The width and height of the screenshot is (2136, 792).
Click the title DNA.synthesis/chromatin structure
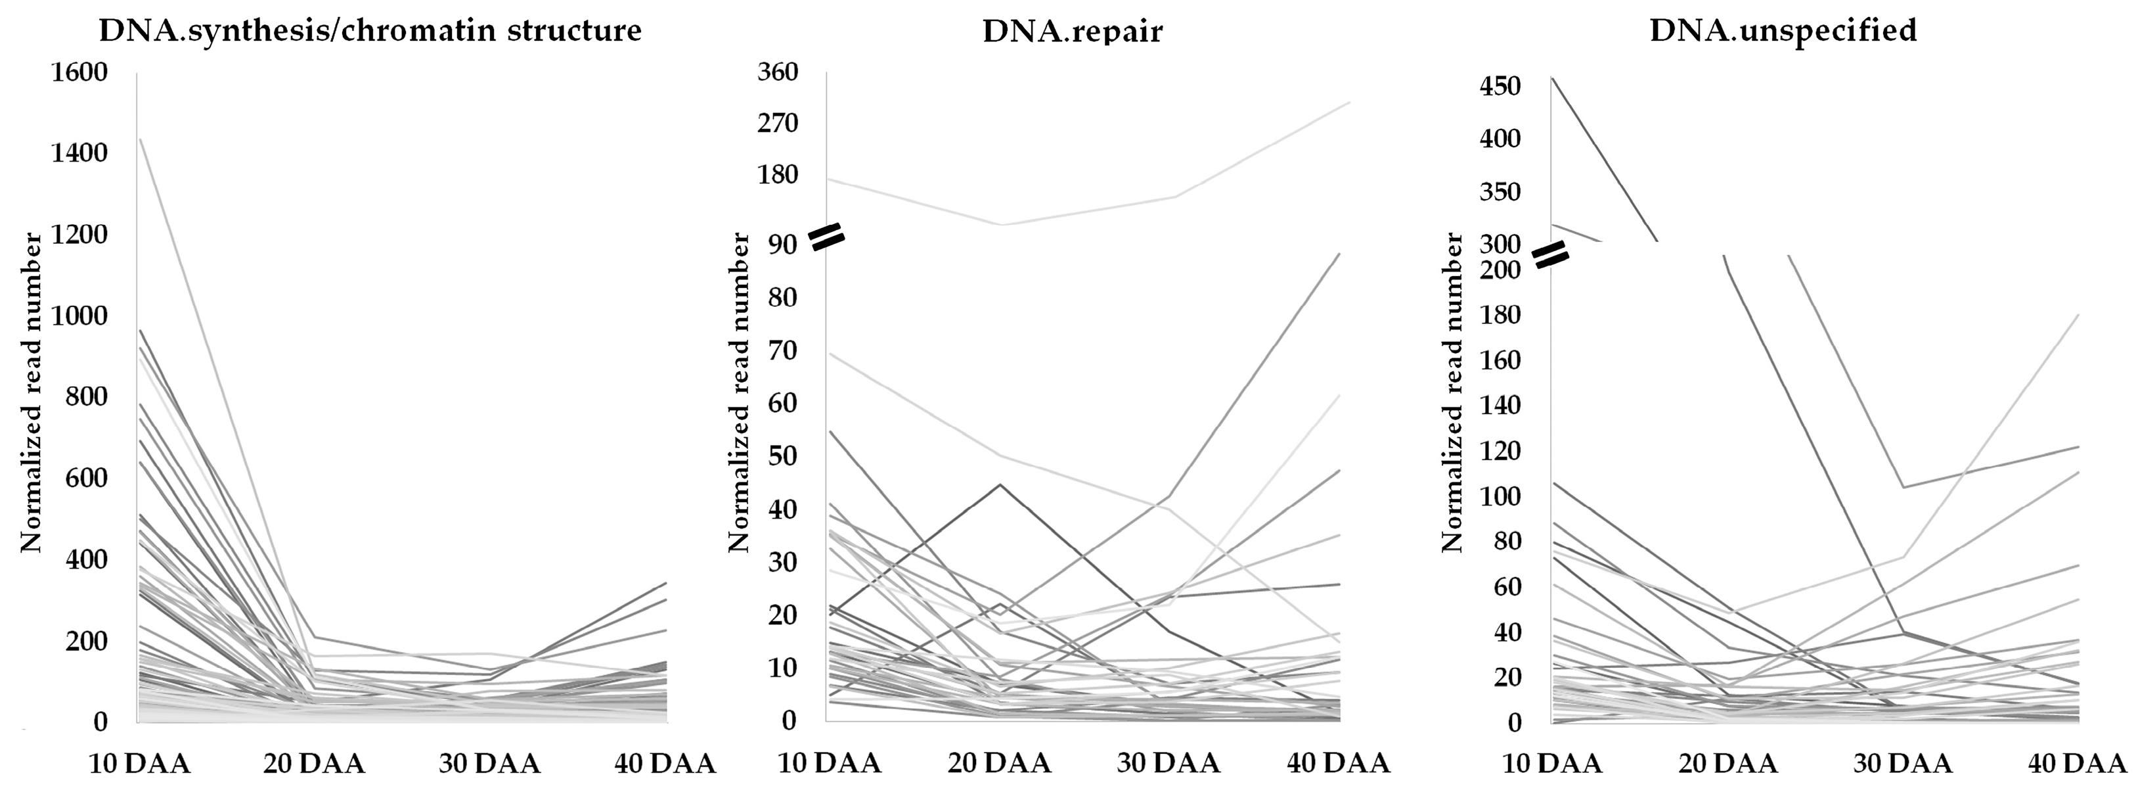(370, 31)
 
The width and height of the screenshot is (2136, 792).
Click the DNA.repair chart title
(1072, 31)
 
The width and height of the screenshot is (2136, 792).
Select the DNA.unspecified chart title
(1783, 31)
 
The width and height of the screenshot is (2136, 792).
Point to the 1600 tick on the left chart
(79, 73)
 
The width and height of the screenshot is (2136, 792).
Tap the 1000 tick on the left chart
(79, 316)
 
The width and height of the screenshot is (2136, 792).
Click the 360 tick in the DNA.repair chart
(778, 72)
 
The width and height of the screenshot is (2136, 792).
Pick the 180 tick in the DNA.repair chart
(778, 174)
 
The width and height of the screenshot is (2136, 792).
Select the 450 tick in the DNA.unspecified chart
(1501, 86)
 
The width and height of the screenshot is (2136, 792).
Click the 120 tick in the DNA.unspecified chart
(1501, 451)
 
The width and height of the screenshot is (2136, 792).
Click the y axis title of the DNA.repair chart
(740, 392)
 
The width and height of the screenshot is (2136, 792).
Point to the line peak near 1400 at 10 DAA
(140, 139)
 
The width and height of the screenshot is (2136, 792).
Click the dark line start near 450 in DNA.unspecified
(1552, 78)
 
